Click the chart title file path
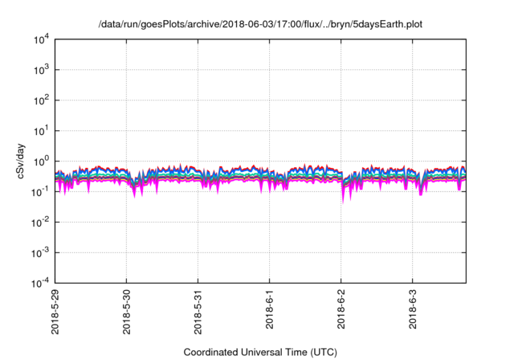tap(260, 25)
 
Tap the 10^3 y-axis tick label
tap(40, 70)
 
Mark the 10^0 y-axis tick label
tap(40, 161)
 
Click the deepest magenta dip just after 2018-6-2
tap(344, 201)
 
